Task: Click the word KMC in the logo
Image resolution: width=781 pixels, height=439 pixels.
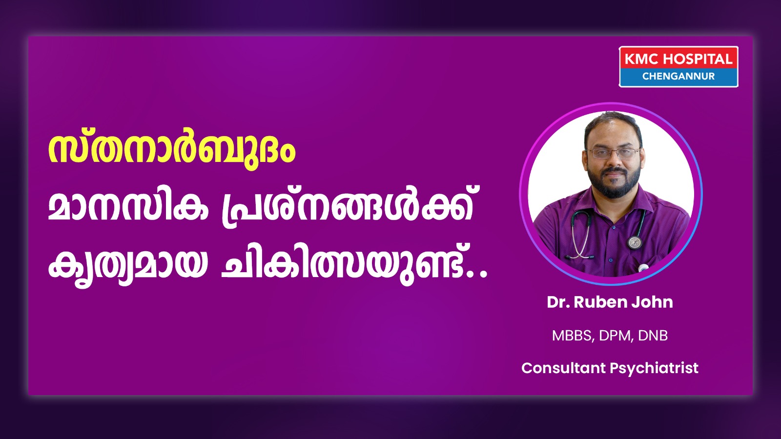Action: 641,59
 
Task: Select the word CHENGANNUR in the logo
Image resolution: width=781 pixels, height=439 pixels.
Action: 678,76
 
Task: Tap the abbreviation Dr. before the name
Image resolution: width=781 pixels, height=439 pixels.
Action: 558,302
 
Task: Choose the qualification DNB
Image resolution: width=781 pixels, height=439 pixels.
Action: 653,336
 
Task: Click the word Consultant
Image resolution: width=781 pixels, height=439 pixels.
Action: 564,368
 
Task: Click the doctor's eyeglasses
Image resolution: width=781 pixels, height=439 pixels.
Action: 613,153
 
